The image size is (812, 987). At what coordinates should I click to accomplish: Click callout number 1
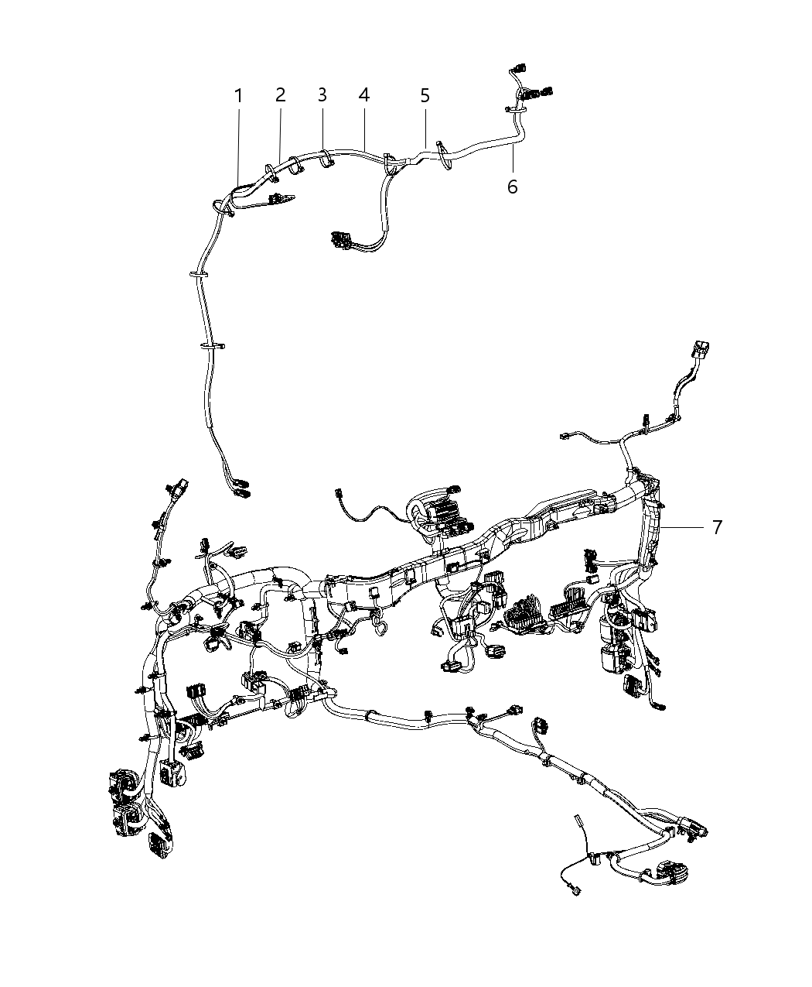click(238, 95)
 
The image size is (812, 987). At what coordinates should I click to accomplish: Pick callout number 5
click(425, 95)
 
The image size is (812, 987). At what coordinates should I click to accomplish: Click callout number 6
click(512, 187)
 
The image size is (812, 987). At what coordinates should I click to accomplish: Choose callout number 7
click(717, 527)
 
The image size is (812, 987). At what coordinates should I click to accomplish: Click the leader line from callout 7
click(684, 527)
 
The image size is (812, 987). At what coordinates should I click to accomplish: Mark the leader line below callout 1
click(238, 147)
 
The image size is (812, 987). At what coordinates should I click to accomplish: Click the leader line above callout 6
click(513, 159)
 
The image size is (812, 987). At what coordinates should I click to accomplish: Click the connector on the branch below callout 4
click(340, 239)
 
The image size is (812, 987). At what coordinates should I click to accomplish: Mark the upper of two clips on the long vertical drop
click(200, 273)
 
